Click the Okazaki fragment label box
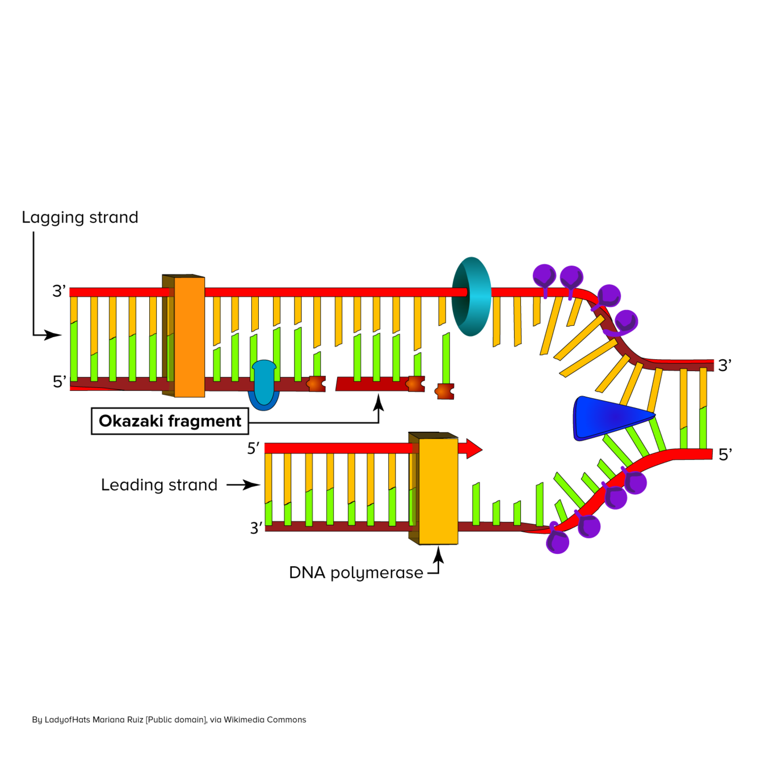pos(170,421)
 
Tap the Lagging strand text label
pos(80,217)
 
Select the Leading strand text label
pos(159,485)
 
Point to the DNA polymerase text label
pos(356,573)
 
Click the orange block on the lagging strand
pos(189,337)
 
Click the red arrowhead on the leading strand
pos(473,448)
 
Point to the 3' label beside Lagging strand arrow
pos(59,291)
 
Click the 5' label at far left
pos(59,381)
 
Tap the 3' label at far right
pos(725,365)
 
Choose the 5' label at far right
pos(725,455)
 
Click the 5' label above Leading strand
pos(253,448)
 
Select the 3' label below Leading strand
pos(256,528)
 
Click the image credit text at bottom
pos(169,720)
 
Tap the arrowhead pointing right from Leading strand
pos(253,485)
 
